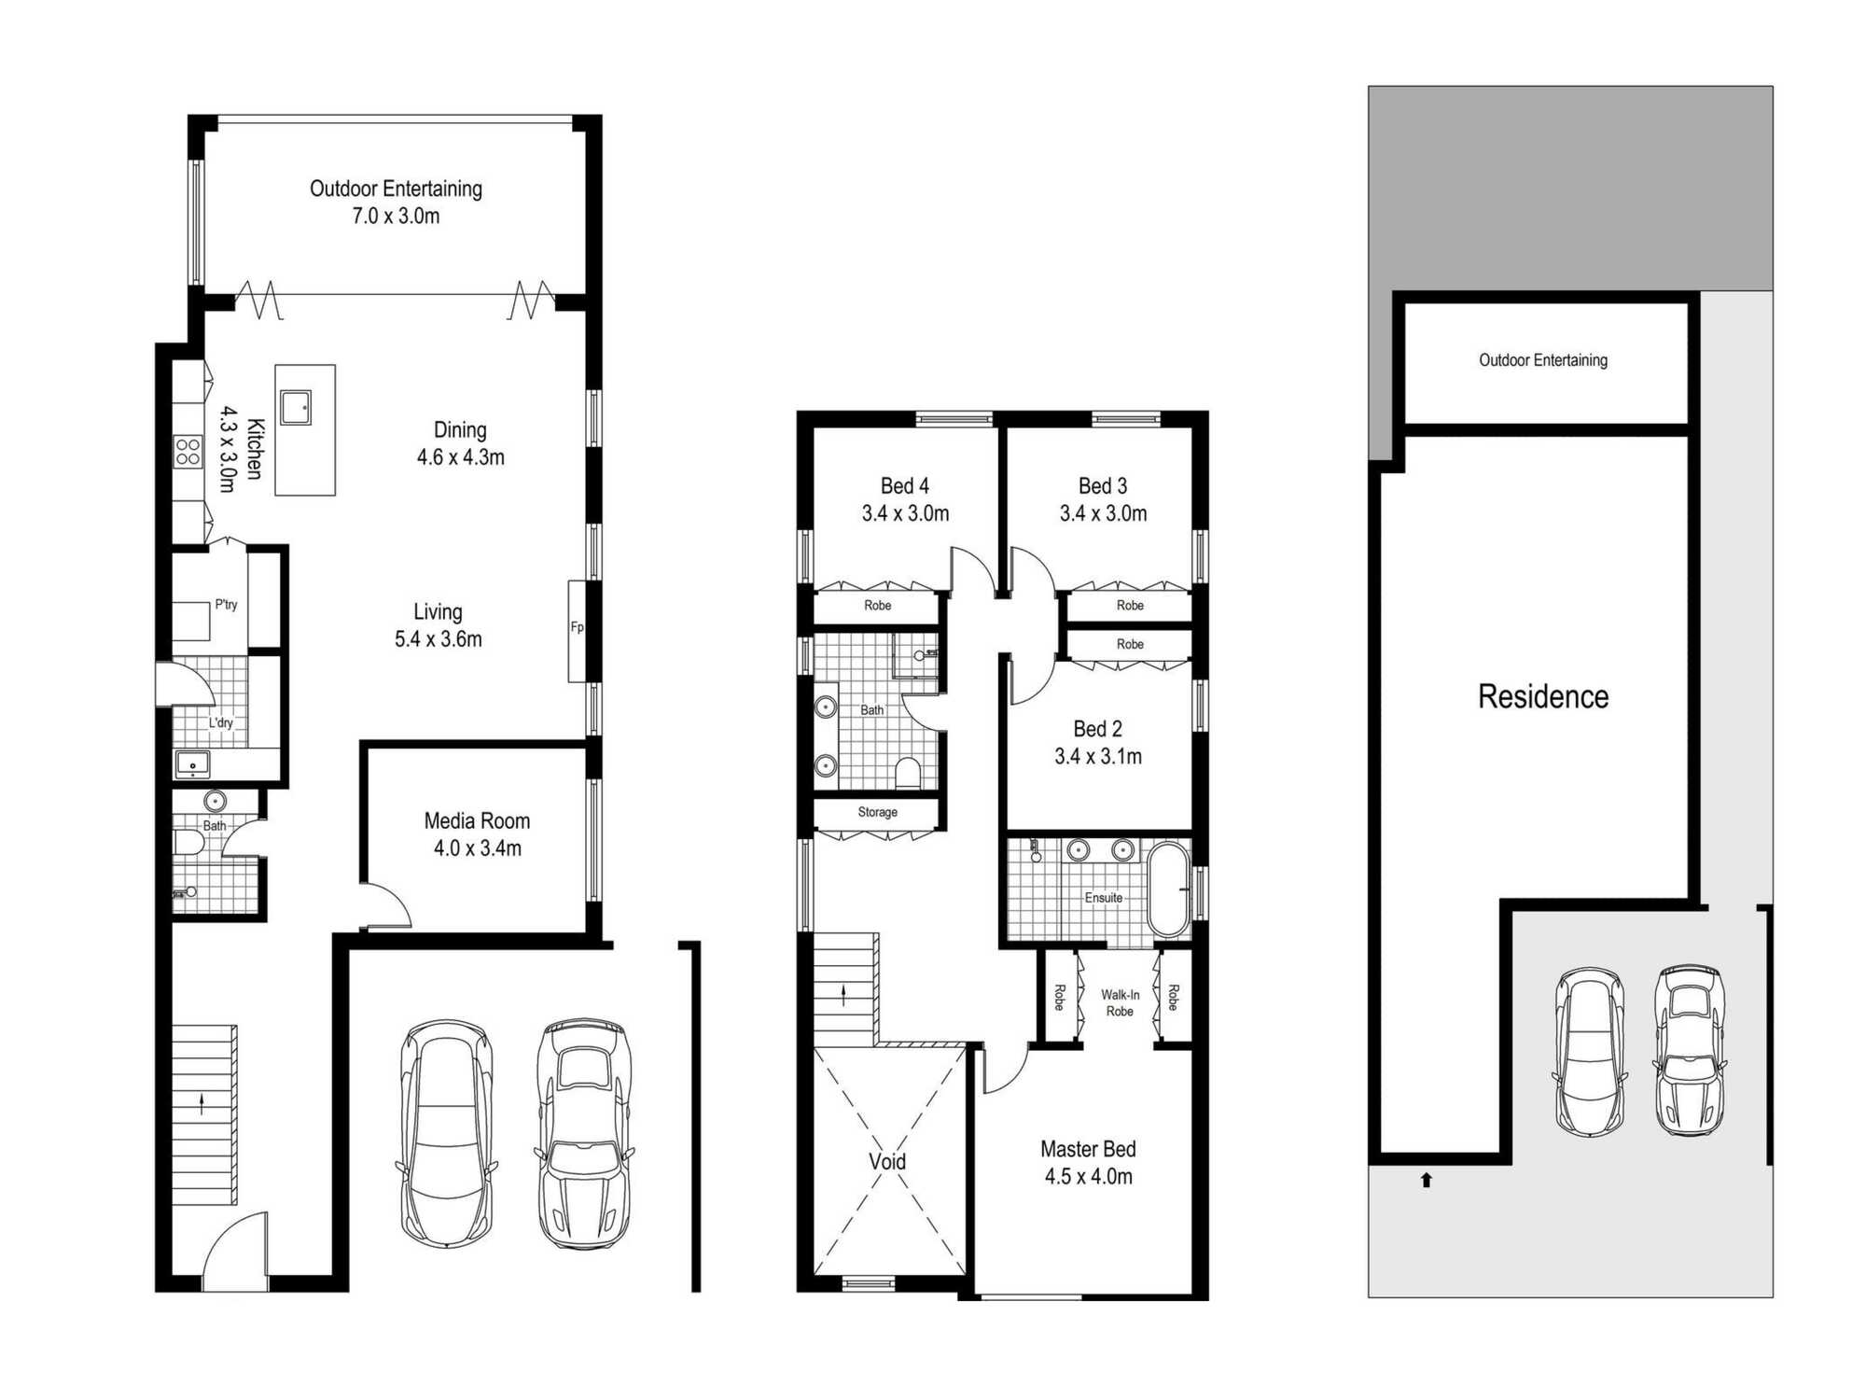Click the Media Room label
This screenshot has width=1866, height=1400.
pos(477,820)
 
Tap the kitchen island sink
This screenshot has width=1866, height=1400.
pos(296,408)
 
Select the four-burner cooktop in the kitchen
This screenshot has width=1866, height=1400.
pos(188,451)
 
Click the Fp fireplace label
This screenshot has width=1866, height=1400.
pos(577,627)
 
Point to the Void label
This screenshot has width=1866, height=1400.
pos(887,1161)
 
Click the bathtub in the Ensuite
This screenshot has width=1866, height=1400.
pos(1168,889)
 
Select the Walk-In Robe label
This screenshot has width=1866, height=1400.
pos(1120,1003)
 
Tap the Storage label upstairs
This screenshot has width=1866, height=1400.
pos(877,812)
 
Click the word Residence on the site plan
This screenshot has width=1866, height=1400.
pos(1543,696)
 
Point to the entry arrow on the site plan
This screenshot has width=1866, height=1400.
pos(1426,1180)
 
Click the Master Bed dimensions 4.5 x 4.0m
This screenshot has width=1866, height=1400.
pos(1088,1176)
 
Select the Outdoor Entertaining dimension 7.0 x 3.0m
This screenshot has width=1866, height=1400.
pos(396,216)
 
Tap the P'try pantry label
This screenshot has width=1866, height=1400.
pos(226,604)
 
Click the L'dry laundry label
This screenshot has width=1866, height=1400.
pos(221,722)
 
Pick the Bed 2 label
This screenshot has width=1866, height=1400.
pos(1098,729)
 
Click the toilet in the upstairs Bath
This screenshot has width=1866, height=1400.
pos(908,773)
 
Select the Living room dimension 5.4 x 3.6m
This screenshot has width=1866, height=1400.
pos(438,639)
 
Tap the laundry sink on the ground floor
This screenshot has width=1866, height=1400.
pos(193,764)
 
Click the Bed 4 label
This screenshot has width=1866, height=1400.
pos(905,485)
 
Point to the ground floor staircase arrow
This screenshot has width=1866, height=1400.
pos(202,1104)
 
